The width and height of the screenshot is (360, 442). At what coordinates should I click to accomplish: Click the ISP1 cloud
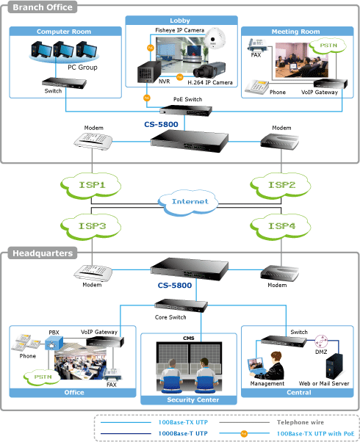pos(91,186)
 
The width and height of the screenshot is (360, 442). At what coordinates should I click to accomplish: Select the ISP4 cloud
pos(281,227)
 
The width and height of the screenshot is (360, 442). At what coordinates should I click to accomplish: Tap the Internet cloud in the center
pos(188,202)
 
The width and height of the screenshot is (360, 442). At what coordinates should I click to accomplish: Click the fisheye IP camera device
pos(215,38)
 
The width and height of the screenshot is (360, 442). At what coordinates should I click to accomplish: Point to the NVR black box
pos(149,72)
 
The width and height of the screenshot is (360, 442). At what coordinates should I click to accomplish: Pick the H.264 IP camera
pos(209,70)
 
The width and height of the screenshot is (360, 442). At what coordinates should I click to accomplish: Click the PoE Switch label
pos(187,99)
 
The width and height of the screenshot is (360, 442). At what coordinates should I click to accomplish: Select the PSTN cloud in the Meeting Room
pos(328,46)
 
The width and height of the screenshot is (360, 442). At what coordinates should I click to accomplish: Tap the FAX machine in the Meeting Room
pos(256,45)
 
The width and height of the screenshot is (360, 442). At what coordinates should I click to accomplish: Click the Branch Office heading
pos(43,7)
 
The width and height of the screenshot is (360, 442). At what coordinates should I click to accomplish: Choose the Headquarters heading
pos(43,253)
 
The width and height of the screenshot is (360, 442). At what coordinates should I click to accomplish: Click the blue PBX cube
pos(54,344)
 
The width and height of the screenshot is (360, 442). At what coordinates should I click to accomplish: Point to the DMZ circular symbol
pos(321,341)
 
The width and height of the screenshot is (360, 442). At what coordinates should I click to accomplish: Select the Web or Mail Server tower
pos(334,366)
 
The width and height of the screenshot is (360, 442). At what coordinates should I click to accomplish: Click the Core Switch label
pos(170,317)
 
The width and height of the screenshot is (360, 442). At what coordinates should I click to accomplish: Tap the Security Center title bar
pos(189,400)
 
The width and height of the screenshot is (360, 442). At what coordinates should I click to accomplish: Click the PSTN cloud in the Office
pos(43,377)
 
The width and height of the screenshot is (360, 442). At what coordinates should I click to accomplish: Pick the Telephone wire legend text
pos(300,422)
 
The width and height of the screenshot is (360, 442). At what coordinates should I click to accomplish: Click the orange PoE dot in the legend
pos(244,433)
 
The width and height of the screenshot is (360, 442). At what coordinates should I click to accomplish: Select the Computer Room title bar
pos(65,32)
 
